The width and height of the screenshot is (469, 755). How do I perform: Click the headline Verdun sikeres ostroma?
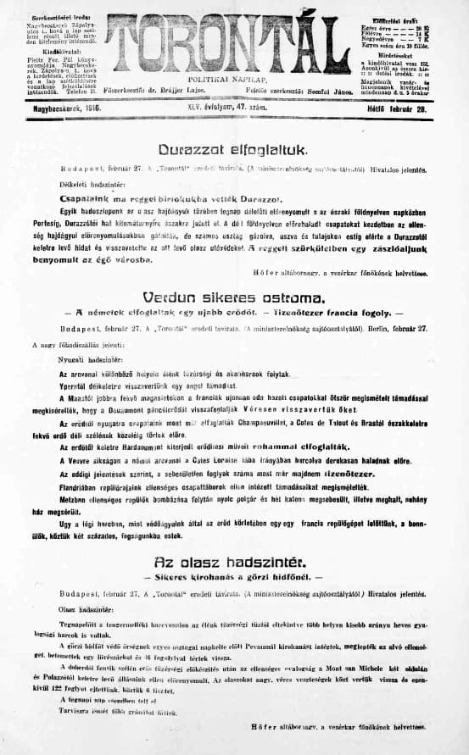click(233, 299)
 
